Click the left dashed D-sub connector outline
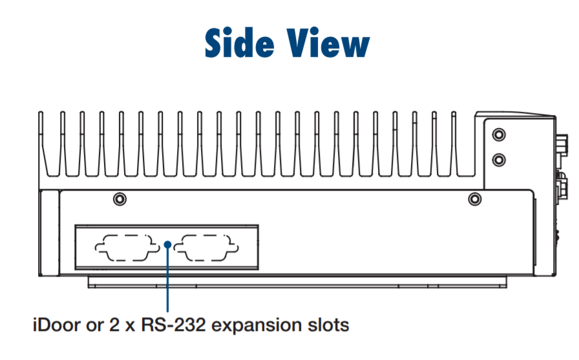125,248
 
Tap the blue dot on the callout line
167,244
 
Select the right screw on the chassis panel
474,198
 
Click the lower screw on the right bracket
498,159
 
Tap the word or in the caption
92,324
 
